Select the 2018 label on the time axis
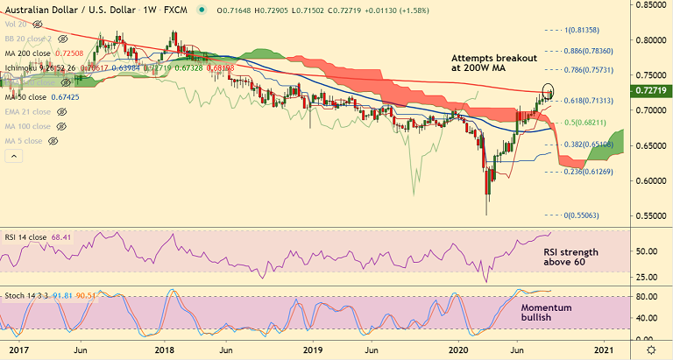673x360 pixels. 165,350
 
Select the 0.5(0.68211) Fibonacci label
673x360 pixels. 588,122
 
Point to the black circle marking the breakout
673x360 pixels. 549,89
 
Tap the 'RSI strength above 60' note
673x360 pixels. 570,257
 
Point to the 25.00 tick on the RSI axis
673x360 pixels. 648,277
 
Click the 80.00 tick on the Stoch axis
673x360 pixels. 648,297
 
